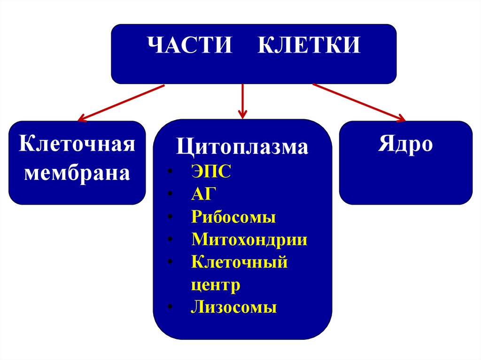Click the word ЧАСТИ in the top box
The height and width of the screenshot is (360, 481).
pos(190,47)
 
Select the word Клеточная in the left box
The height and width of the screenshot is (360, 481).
pos(77,143)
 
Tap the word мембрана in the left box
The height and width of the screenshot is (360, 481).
pos(77,174)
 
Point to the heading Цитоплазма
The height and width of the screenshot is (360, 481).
pos(242,147)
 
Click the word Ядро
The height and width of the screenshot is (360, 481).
pos(405,145)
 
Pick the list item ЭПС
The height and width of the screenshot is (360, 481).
pos(211,171)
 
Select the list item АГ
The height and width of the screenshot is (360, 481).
pos(202,194)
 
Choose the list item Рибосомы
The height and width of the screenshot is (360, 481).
pos(233,217)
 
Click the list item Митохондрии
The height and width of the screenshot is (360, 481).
pos(249,239)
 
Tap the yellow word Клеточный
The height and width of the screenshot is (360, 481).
pos(239,262)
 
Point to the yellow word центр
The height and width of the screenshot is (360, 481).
pos(216,284)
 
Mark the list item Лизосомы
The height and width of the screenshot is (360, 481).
pos(234,307)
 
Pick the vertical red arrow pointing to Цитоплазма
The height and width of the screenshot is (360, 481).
pos(242,101)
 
